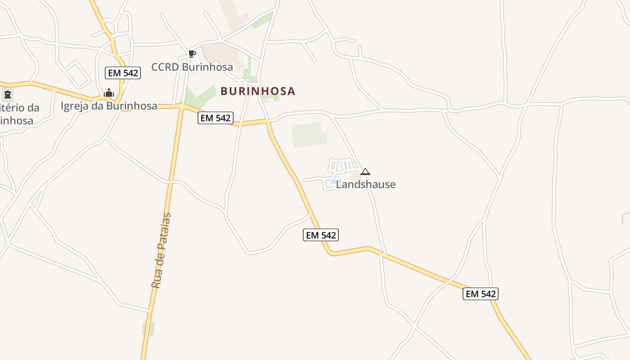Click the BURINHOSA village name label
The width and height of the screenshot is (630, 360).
257,91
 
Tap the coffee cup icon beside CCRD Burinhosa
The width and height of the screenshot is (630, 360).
192,54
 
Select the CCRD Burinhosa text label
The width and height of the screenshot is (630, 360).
192,67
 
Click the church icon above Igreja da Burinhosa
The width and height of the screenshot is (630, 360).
109,93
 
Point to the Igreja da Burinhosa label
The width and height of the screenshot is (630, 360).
109,106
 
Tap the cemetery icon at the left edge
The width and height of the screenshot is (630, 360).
7,94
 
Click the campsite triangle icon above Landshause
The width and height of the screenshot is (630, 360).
365,171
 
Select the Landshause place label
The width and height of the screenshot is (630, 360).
365,184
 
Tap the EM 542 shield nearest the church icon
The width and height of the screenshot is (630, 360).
123,73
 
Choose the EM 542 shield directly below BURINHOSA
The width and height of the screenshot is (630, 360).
216,118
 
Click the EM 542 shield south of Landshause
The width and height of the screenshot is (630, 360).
321,235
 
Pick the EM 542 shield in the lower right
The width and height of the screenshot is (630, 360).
481,294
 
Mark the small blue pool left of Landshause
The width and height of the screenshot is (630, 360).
333,182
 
